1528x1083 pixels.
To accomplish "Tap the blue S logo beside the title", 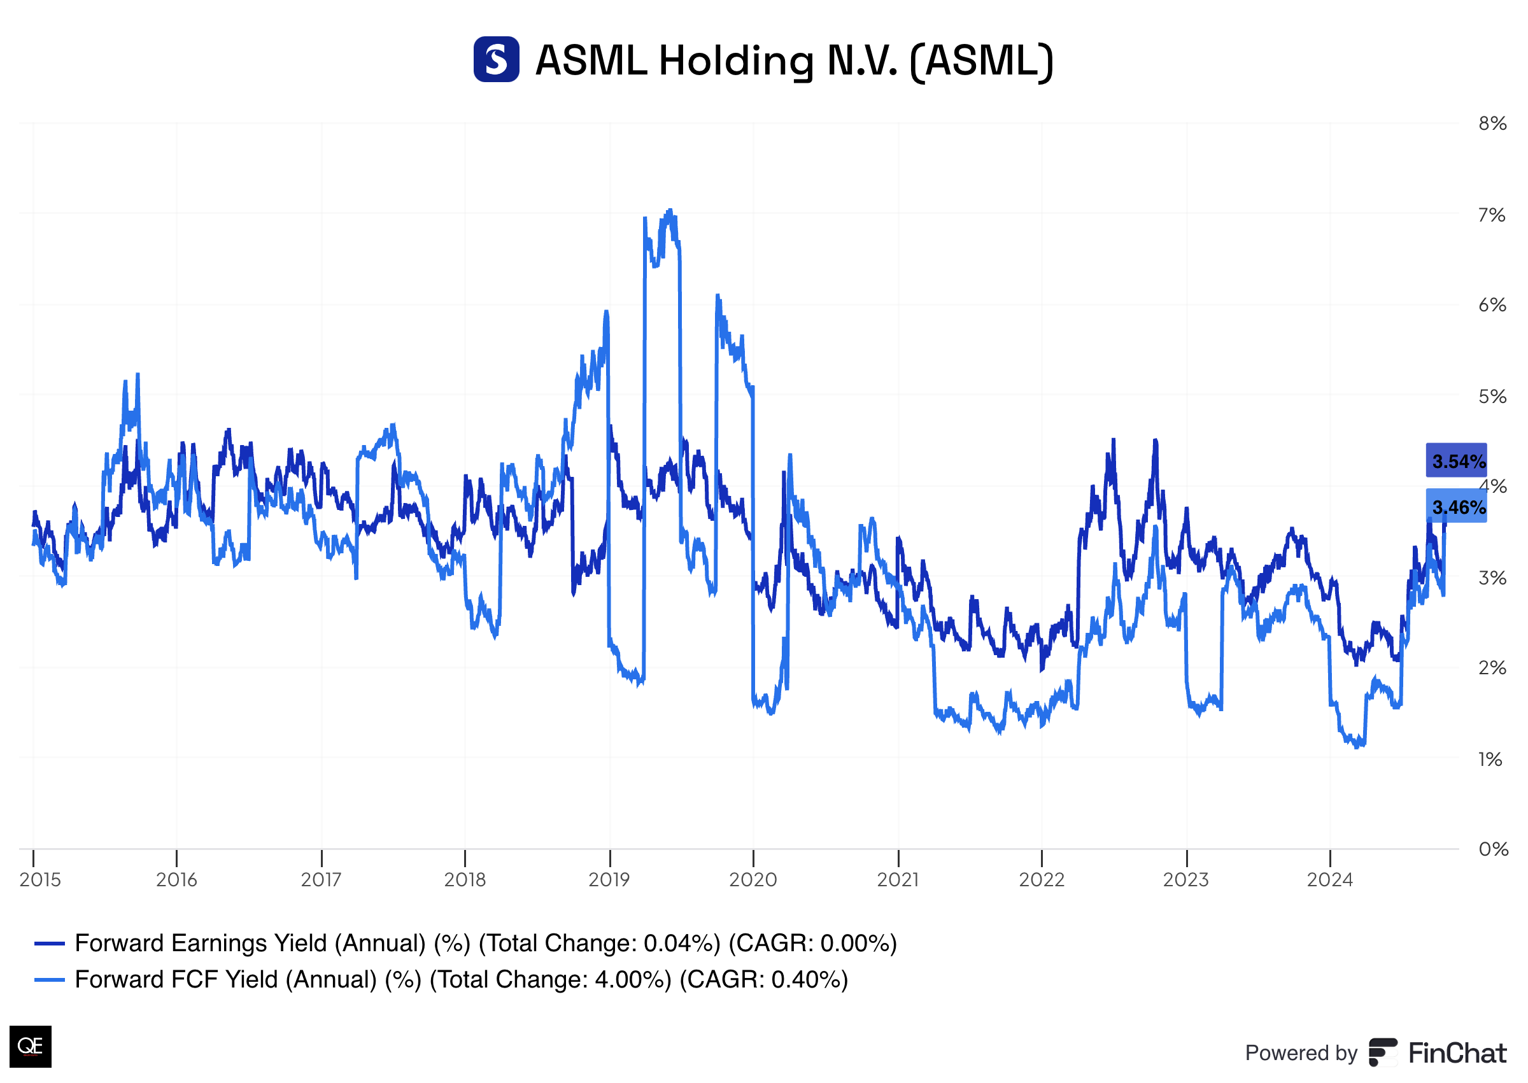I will (496, 59).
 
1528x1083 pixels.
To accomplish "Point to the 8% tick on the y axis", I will (1492, 124).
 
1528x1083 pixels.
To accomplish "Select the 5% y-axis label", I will (1492, 397).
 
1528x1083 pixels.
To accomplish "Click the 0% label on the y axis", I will (1492, 849).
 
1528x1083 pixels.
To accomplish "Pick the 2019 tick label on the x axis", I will (609, 880).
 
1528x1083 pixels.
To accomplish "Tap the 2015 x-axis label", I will (40, 880).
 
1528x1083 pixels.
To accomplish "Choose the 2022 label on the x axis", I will (1042, 880).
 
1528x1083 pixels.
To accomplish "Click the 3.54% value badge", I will (1456, 461).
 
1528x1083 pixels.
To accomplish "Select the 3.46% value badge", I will (1456, 507).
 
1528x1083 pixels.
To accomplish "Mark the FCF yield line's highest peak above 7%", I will (670, 211).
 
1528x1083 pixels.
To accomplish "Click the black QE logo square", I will (30, 1045).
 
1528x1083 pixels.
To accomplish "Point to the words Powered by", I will (1300, 1053).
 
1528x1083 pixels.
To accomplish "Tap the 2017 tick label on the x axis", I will (321, 880).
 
